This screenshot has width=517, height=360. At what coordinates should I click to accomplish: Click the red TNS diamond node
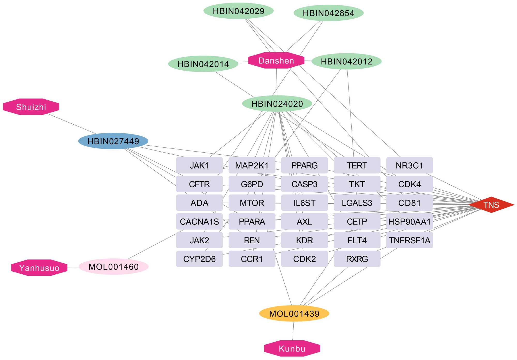[x=491, y=205]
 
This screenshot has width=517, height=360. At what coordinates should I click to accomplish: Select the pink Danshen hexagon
[x=276, y=61]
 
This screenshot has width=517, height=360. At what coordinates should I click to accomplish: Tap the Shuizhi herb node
[x=31, y=107]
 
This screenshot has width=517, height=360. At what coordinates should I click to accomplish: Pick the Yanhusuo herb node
[x=39, y=268]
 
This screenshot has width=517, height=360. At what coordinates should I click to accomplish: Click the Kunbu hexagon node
[x=292, y=348]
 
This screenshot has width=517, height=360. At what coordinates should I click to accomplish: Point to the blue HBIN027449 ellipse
[x=113, y=141]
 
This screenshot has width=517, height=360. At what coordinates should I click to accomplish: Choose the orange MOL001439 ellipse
[x=294, y=313]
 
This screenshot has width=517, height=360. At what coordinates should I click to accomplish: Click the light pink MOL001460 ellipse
[x=113, y=267]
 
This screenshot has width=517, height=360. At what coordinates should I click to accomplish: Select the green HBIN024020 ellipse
[x=277, y=104]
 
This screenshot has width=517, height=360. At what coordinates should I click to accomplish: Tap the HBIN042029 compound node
[x=238, y=11]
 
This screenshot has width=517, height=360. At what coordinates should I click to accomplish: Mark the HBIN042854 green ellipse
[x=328, y=13]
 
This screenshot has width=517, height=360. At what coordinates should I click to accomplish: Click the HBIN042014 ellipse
[x=203, y=64]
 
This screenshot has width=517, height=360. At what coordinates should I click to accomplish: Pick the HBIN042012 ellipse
[x=346, y=62]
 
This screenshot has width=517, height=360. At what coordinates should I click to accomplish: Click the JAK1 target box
[x=199, y=165]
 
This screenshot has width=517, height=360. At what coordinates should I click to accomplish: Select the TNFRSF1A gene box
[x=409, y=240]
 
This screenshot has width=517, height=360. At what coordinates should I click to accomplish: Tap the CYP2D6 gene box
[x=199, y=259]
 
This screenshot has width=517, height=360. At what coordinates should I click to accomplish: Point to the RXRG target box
[x=357, y=259]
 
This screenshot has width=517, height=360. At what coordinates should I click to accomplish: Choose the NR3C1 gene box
[x=409, y=165]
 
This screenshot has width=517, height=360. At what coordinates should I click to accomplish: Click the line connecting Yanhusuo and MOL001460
[x=73, y=267]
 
